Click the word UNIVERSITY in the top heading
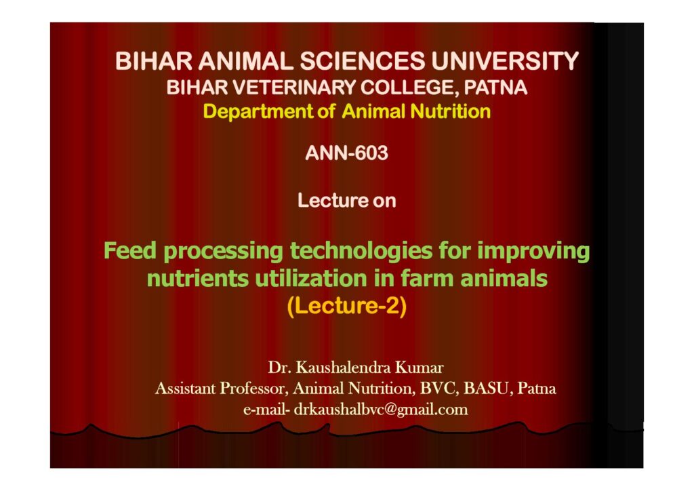[505, 61]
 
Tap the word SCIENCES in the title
[363, 61]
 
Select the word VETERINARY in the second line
[293, 87]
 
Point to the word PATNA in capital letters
[495, 87]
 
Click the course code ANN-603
[346, 153]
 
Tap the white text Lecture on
[346, 201]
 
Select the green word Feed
[130, 250]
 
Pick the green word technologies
[361, 252]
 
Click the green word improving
[533, 252]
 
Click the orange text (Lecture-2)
[346, 306]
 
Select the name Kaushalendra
[343, 368]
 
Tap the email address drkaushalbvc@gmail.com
[381, 410]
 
